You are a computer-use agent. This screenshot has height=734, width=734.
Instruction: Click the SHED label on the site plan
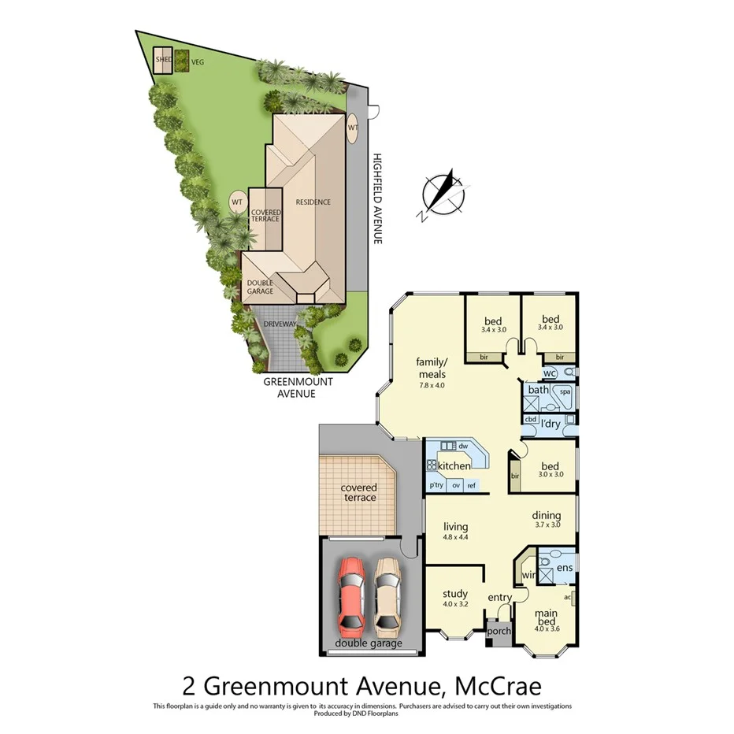pyautogui.click(x=163, y=59)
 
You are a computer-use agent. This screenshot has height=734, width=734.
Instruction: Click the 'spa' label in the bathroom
pyautogui.click(x=565, y=391)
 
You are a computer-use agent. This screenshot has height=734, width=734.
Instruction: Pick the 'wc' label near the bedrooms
pyautogui.click(x=550, y=373)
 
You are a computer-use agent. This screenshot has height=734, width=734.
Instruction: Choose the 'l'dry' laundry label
pyautogui.click(x=551, y=424)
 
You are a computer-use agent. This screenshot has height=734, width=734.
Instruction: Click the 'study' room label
pyautogui.click(x=455, y=594)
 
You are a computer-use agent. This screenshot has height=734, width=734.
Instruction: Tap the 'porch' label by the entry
pyautogui.click(x=499, y=631)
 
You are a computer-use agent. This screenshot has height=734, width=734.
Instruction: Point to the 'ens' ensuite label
pyautogui.click(x=564, y=567)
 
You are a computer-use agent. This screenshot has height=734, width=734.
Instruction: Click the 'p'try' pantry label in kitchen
pyautogui.click(x=436, y=486)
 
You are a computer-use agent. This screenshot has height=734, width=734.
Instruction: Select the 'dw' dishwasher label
pyautogui.click(x=463, y=446)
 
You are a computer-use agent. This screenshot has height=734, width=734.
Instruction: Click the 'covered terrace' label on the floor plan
pyautogui.click(x=358, y=493)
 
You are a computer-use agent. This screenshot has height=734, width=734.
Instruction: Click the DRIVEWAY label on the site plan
pyautogui.click(x=280, y=324)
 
